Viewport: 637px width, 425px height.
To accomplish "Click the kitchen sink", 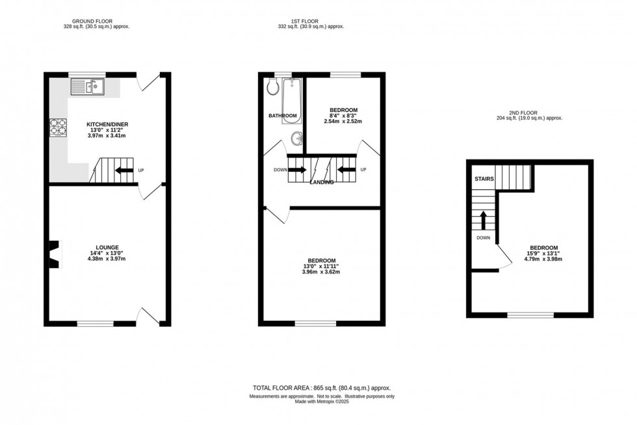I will pos(86,85).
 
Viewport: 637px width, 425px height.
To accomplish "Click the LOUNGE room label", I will pos(107,247).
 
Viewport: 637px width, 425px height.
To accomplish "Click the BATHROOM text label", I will pos(283,116).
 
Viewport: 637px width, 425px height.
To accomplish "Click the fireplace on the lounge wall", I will pos(55,253).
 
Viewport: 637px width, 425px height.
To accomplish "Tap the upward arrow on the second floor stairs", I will pos(483,220).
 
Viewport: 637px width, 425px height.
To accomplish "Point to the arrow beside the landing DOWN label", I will pos(296,171).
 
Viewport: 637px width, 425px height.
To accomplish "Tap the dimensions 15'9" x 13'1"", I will pos(543,254).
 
